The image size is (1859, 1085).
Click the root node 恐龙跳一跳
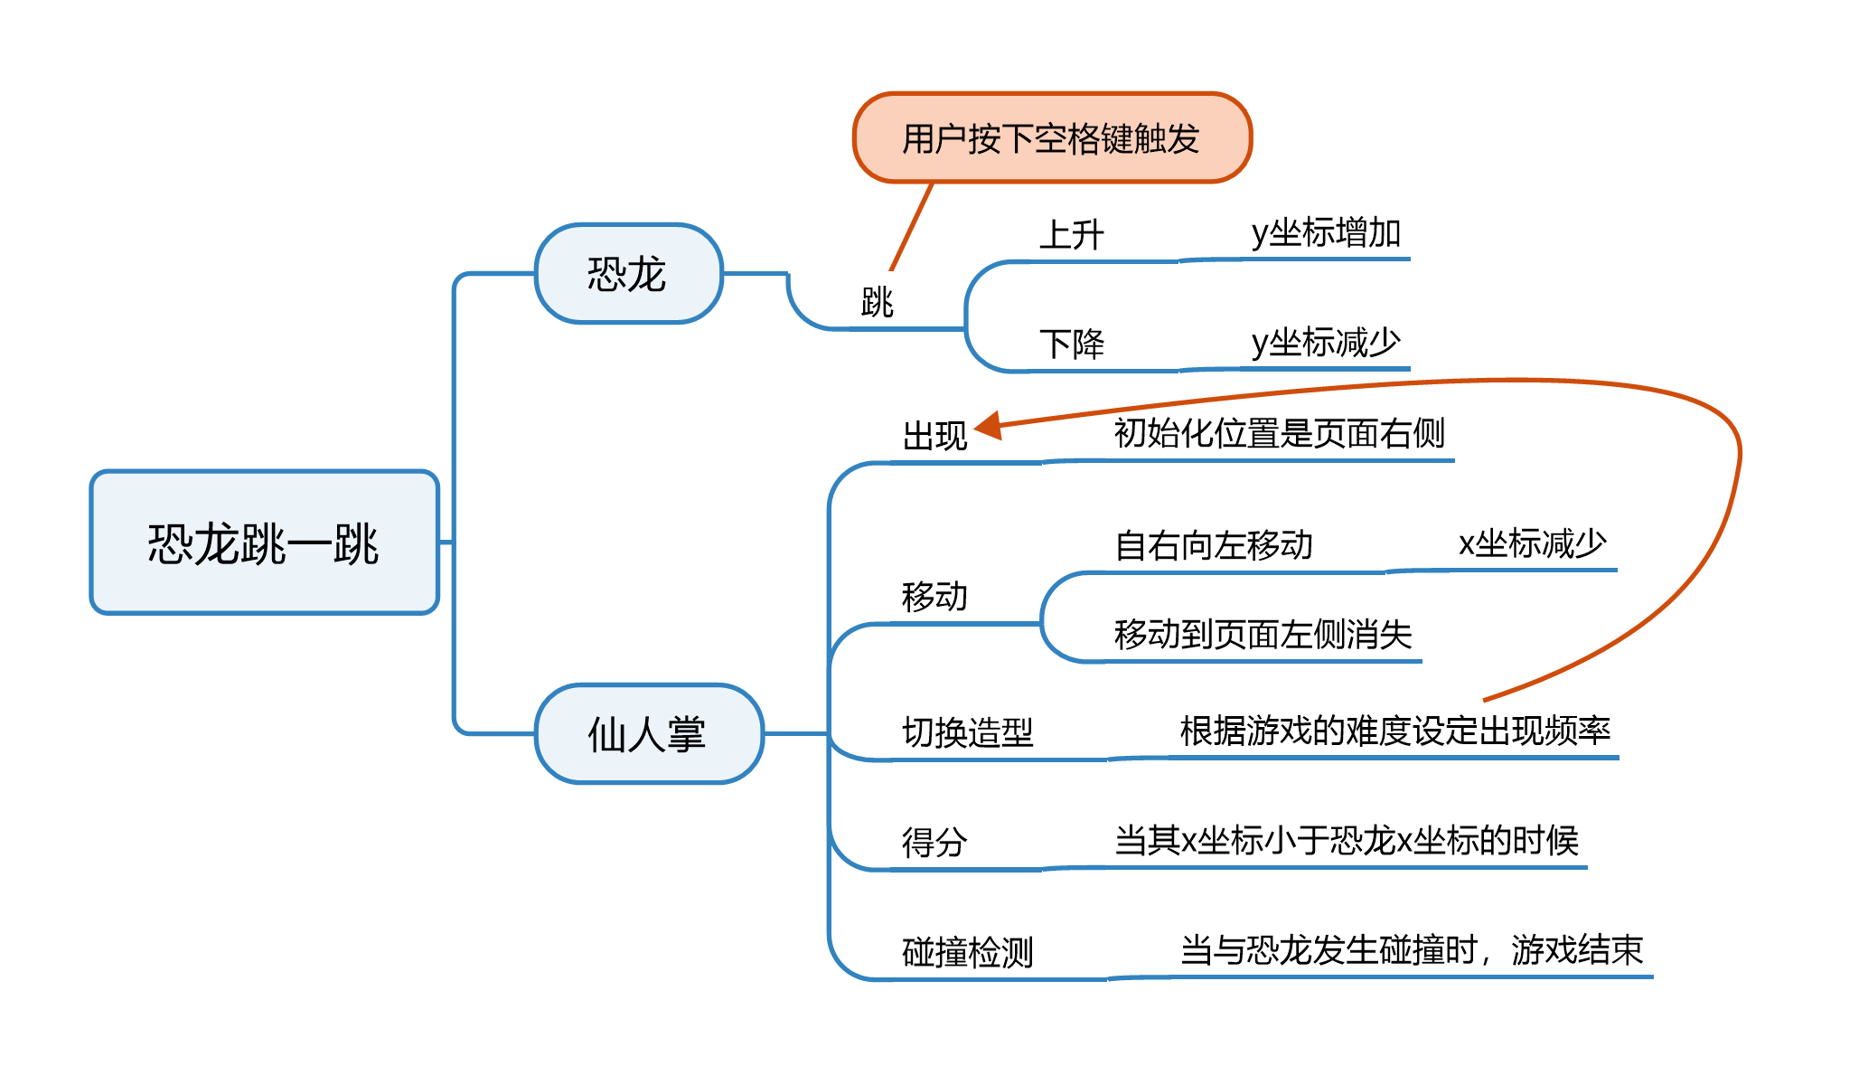pos(264,542)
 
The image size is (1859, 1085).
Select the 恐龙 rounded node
pos(628,273)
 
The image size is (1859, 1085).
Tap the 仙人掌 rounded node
pos(648,733)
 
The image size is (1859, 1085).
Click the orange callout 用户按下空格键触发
pos(1051,138)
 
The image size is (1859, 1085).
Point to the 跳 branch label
pos(877,302)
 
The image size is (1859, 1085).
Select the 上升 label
pos(1072,235)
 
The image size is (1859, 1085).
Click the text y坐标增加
pos(1326,232)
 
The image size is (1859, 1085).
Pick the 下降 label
pos(1072,344)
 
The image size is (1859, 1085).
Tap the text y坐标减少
pos(1326,343)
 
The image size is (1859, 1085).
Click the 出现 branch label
pos(935,436)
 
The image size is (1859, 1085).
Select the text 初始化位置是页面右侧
pos(1279,433)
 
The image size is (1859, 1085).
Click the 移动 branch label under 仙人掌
pos(934,597)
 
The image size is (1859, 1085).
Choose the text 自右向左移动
pos(1213,545)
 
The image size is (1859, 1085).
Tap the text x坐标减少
pos(1532,543)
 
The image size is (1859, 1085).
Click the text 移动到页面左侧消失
pos(1263,635)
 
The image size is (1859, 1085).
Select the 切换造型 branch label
pos(967,732)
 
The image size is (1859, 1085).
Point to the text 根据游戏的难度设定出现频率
pos(1394,731)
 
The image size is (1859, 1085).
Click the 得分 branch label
pos(934,843)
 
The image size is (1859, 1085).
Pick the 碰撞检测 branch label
pos(967,952)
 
